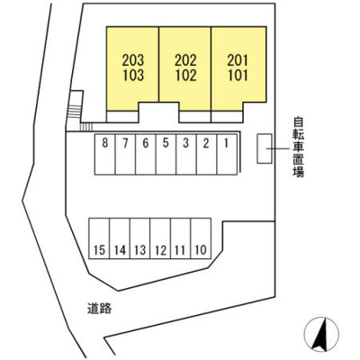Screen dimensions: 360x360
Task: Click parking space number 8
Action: pyautogui.click(x=104, y=154)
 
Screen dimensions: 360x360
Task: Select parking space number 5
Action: pyautogui.click(x=166, y=154)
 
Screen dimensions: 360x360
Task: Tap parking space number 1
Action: pyautogui.click(x=227, y=154)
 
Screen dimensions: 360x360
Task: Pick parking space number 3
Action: pyautogui.click(x=186, y=154)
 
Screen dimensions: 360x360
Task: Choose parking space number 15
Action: pyautogui.click(x=99, y=238)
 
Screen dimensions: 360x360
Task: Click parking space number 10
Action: pyautogui.click(x=201, y=238)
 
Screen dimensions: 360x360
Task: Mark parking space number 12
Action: pyautogui.click(x=160, y=238)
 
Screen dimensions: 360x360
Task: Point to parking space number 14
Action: pyautogui.click(x=120, y=238)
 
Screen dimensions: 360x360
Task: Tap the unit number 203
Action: pyautogui.click(x=133, y=60)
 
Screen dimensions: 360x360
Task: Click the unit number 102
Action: pyautogui.click(x=186, y=76)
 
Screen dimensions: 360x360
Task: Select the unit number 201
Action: pyautogui.click(x=238, y=60)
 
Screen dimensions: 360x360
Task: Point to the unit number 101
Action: pyautogui.click(x=238, y=76)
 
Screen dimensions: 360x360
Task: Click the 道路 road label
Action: pyautogui.click(x=100, y=308)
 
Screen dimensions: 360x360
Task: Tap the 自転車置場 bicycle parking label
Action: pyautogui.click(x=299, y=147)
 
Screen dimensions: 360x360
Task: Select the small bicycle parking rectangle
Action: pyautogui.click(x=265, y=148)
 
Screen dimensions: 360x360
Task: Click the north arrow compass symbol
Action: pyautogui.click(x=321, y=334)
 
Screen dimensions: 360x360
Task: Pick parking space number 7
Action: pyautogui.click(x=125, y=154)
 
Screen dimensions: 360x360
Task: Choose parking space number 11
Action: pyautogui.click(x=180, y=238)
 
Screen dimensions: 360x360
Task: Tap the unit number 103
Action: pyautogui.click(x=133, y=76)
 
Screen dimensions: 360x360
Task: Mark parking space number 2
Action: pyautogui.click(x=206, y=154)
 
